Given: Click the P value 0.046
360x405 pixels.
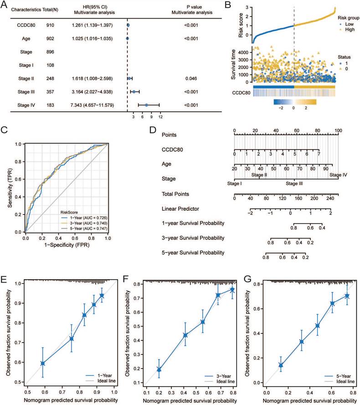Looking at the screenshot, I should [x=191, y=79].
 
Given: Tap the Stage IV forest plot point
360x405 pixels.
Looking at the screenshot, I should [x=146, y=105].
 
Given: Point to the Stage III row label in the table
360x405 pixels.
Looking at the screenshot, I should [x=29, y=92].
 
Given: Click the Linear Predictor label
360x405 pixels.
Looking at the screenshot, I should [x=179, y=209].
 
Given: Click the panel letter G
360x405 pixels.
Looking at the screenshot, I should [x=249, y=277].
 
